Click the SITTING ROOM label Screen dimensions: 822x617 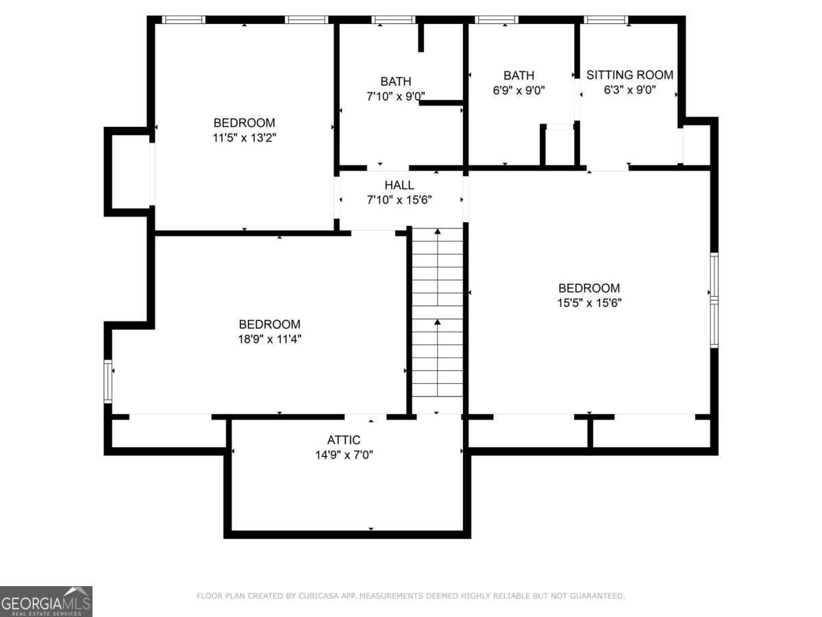pyautogui.click(x=630, y=75)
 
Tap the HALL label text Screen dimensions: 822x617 pyautogui.click(x=399, y=184)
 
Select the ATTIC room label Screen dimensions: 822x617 pyautogui.click(x=344, y=439)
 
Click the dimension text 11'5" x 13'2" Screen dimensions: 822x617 pyautogui.click(x=244, y=138)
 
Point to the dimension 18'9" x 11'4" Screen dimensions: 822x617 pyautogui.click(x=270, y=339)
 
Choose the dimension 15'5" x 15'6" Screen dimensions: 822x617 pyautogui.click(x=590, y=303)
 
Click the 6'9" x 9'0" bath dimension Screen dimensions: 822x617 pyautogui.click(x=519, y=90)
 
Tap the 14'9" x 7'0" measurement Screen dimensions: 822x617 pyautogui.click(x=344, y=455)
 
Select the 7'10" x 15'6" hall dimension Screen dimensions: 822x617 pyautogui.click(x=399, y=200)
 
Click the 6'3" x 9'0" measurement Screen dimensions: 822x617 pyautogui.click(x=630, y=90)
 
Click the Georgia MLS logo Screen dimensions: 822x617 pyautogui.click(x=46, y=601)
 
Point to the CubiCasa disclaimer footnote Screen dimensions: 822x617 pyautogui.click(x=411, y=596)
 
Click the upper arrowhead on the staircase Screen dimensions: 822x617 pyautogui.click(x=438, y=232)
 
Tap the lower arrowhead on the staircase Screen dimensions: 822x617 pyautogui.click(x=438, y=322)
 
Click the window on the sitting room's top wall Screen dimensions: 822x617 pyautogui.click(x=606, y=19)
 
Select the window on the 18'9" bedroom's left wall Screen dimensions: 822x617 pyautogui.click(x=108, y=381)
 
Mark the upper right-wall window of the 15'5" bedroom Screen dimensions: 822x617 pyautogui.click(x=714, y=276)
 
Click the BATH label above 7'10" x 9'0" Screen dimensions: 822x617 pyautogui.click(x=395, y=82)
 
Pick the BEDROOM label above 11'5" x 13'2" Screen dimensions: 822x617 pyautogui.click(x=244, y=123)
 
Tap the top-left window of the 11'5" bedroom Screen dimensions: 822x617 pyautogui.click(x=184, y=19)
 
